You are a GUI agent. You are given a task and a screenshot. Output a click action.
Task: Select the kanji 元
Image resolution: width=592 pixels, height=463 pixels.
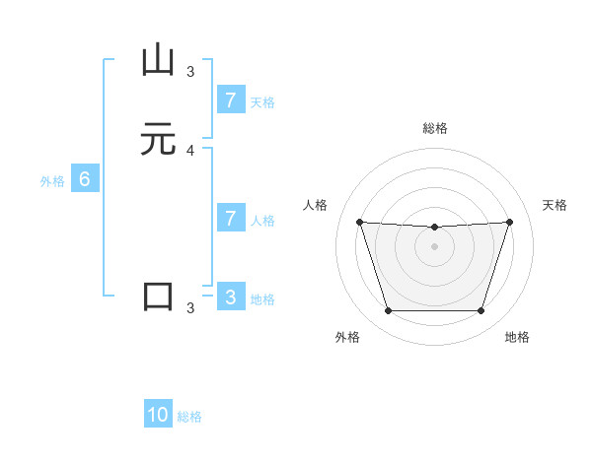coord(158,140)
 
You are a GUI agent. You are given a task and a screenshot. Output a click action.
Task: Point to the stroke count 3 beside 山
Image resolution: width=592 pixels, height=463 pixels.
coord(190,71)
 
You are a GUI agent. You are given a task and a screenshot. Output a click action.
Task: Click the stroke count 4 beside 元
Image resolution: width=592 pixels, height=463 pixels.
coord(190,151)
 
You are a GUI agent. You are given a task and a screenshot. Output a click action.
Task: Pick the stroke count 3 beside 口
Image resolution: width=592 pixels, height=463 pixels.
coord(190,307)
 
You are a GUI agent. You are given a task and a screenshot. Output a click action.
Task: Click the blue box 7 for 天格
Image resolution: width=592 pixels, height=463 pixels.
coord(231,99)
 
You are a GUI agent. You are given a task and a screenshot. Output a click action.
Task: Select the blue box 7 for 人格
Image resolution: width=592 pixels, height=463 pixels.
coord(231,218)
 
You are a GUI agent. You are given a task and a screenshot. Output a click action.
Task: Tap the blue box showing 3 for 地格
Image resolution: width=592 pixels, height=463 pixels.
coord(231,297)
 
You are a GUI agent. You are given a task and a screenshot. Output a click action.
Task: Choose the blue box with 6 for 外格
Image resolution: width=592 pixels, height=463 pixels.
coord(85,179)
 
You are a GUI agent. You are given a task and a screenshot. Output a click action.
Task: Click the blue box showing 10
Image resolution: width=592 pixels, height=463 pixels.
coord(158,415)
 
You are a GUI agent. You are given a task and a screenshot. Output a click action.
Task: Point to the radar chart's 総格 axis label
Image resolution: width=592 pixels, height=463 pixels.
coord(435,128)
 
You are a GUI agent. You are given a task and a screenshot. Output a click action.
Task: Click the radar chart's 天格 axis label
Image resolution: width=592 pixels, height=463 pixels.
coord(555,205)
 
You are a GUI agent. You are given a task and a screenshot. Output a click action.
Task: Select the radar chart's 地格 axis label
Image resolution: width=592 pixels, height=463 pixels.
coord(517,337)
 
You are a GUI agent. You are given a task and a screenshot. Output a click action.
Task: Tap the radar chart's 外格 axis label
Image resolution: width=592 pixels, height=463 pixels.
coord(347,337)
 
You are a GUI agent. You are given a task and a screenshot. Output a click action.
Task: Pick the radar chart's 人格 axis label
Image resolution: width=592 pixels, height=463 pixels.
coord(315,205)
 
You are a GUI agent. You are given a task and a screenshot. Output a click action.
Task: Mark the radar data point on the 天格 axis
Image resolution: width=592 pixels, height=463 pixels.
coord(509,222)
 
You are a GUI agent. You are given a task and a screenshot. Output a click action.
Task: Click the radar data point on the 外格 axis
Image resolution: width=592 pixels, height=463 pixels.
coord(388,311)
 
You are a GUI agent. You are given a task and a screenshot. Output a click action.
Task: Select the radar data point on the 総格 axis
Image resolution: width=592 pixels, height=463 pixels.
coord(435,228)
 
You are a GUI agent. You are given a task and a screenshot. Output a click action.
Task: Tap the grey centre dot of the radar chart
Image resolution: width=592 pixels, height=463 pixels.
coord(435,246)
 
